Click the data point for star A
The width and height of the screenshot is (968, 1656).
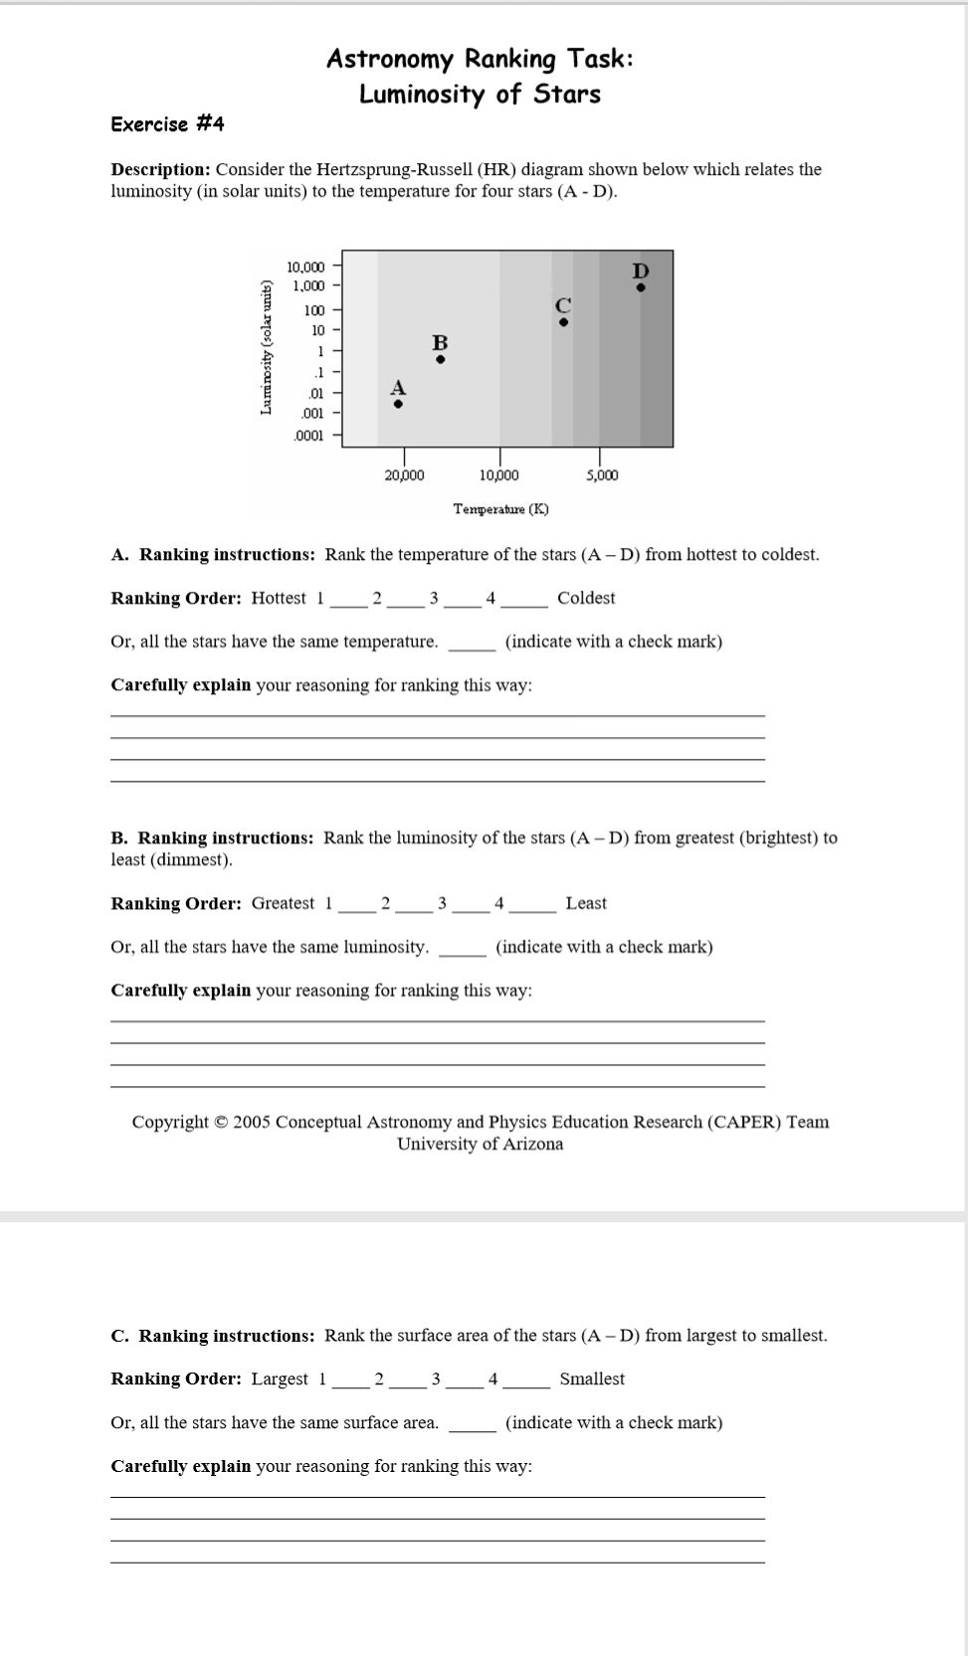(398, 404)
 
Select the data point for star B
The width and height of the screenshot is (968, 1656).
(441, 359)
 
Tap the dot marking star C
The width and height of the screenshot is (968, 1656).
(563, 321)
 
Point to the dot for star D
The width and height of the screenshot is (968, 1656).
(641, 287)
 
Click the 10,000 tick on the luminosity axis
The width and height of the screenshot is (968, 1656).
(305, 267)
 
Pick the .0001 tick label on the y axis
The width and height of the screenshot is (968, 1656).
(308, 436)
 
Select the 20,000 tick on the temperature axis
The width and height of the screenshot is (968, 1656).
(404, 475)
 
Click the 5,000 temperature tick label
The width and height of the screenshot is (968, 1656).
(602, 475)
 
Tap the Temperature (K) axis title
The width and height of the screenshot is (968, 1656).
(500, 509)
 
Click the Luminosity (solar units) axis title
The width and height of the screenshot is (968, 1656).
(266, 347)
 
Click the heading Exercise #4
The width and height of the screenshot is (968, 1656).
(167, 124)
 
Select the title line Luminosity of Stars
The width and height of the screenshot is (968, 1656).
(480, 94)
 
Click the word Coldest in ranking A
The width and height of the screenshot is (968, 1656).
(586, 598)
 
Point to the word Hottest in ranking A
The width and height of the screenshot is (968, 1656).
(279, 598)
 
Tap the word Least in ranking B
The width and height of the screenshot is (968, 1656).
(586, 903)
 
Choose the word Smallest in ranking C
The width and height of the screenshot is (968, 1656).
(592, 1379)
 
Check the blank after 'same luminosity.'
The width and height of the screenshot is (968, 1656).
(463, 948)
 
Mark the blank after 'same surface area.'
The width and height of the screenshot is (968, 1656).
(473, 1423)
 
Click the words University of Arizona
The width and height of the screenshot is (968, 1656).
(480, 1144)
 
